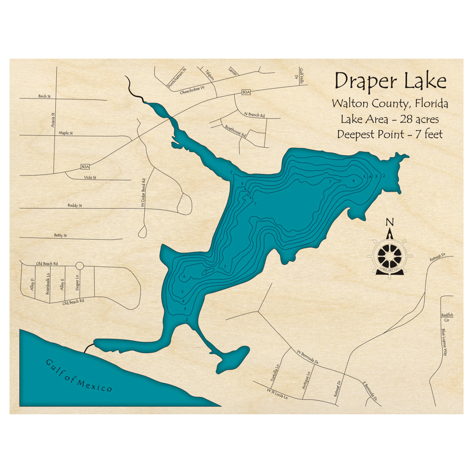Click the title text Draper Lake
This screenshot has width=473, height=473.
(390, 81)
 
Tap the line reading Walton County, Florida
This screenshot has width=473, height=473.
(390, 103)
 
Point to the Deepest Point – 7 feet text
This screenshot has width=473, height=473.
(390, 134)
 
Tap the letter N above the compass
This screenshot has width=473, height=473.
(390, 222)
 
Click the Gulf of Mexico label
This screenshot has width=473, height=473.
(79, 376)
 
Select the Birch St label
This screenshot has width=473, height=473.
(44, 96)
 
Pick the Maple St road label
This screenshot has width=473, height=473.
(66, 133)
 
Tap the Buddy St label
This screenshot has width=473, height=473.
(74, 206)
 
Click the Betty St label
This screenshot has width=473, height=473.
(60, 235)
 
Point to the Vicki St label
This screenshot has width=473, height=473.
(89, 177)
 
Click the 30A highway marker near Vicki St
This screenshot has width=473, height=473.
(85, 167)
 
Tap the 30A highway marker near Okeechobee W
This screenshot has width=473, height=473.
(245, 92)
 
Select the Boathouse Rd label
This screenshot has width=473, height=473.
(236, 131)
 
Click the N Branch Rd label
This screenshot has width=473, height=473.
(254, 115)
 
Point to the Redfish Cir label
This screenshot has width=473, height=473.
(447, 317)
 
